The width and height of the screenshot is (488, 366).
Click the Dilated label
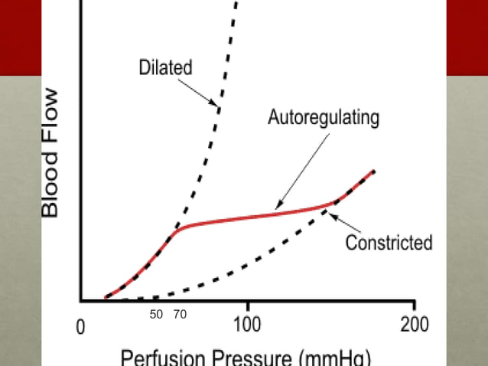[165, 67]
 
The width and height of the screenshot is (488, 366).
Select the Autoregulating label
[324, 118]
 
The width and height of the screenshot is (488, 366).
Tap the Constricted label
[389, 243]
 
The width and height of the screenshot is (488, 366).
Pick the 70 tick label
[181, 315]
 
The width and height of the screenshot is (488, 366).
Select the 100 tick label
[247, 323]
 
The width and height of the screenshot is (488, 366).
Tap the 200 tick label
[414, 323]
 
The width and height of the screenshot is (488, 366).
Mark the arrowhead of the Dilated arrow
[219, 107]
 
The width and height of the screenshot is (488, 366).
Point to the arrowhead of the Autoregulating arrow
[275, 208]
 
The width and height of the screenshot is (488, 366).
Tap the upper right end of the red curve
[374, 171]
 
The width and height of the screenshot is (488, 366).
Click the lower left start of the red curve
[105, 297]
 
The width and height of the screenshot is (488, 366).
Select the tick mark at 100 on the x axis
[247, 306]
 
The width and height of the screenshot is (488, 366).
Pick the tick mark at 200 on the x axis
[414, 306]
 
